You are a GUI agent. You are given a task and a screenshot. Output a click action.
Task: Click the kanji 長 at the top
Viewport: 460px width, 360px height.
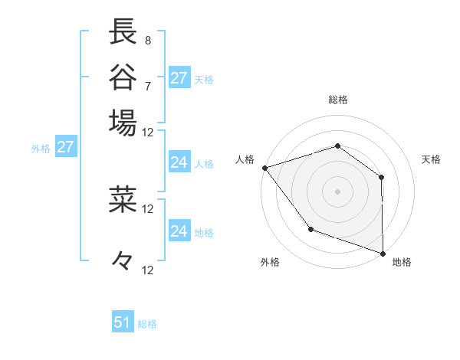tap(123, 33)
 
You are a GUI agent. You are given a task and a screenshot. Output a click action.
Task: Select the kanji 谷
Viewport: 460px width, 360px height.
tap(123, 77)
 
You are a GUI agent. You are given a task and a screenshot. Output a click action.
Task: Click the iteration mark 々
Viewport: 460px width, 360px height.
tap(123, 261)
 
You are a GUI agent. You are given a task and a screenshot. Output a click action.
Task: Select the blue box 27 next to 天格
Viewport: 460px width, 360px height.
tap(179, 78)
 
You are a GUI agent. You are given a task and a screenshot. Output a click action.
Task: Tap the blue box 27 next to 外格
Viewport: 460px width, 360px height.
tap(65, 147)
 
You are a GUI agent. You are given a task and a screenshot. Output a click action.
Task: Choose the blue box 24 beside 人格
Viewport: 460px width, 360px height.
tap(179, 162)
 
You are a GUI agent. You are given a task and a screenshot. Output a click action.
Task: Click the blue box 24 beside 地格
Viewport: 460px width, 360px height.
tap(179, 231)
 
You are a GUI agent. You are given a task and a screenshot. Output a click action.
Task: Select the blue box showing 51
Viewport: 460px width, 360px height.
tap(123, 322)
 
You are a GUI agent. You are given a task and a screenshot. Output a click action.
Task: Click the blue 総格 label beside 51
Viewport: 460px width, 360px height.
tap(147, 324)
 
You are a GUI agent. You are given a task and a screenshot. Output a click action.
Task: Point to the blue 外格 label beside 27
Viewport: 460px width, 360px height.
tap(41, 149)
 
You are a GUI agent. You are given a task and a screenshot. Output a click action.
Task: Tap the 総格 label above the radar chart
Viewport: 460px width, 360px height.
tap(337, 100)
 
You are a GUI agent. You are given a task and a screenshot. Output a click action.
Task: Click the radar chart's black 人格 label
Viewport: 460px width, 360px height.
tap(245, 159)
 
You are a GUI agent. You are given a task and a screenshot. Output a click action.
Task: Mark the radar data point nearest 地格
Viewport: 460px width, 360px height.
tap(382, 253)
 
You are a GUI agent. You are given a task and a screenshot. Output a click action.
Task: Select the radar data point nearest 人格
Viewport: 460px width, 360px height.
tap(264, 167)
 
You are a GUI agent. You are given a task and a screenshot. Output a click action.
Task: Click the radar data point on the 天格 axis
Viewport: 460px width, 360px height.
tap(381, 177)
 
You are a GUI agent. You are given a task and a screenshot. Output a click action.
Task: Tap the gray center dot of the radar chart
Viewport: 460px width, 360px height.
tap(337, 191)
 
